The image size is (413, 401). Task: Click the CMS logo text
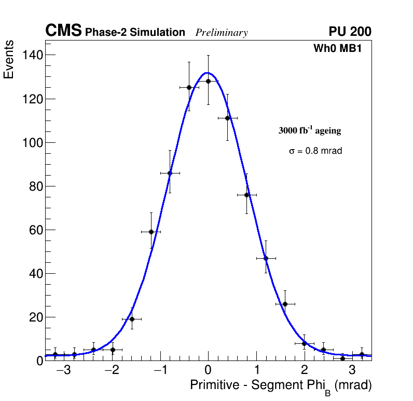pos(63,31)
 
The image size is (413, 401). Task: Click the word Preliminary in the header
pos(222,33)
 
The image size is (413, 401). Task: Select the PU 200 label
pos(350,32)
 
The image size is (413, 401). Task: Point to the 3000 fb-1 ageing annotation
pos(310,131)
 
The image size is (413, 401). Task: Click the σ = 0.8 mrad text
pos(315,151)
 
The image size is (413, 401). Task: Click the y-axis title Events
pos(9,60)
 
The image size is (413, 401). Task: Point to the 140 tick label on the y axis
pos(33,55)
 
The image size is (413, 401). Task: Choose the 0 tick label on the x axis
pos(208,370)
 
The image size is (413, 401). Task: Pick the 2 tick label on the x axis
pos(304,370)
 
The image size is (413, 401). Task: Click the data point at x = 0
pos(208,81)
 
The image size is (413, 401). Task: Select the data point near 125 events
pos(189,87)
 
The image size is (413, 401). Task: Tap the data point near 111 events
pos(227,118)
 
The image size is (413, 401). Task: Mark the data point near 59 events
pos(151,232)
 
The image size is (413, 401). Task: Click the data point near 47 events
pos(266,258)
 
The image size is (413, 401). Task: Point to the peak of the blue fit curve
pos(207,73)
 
